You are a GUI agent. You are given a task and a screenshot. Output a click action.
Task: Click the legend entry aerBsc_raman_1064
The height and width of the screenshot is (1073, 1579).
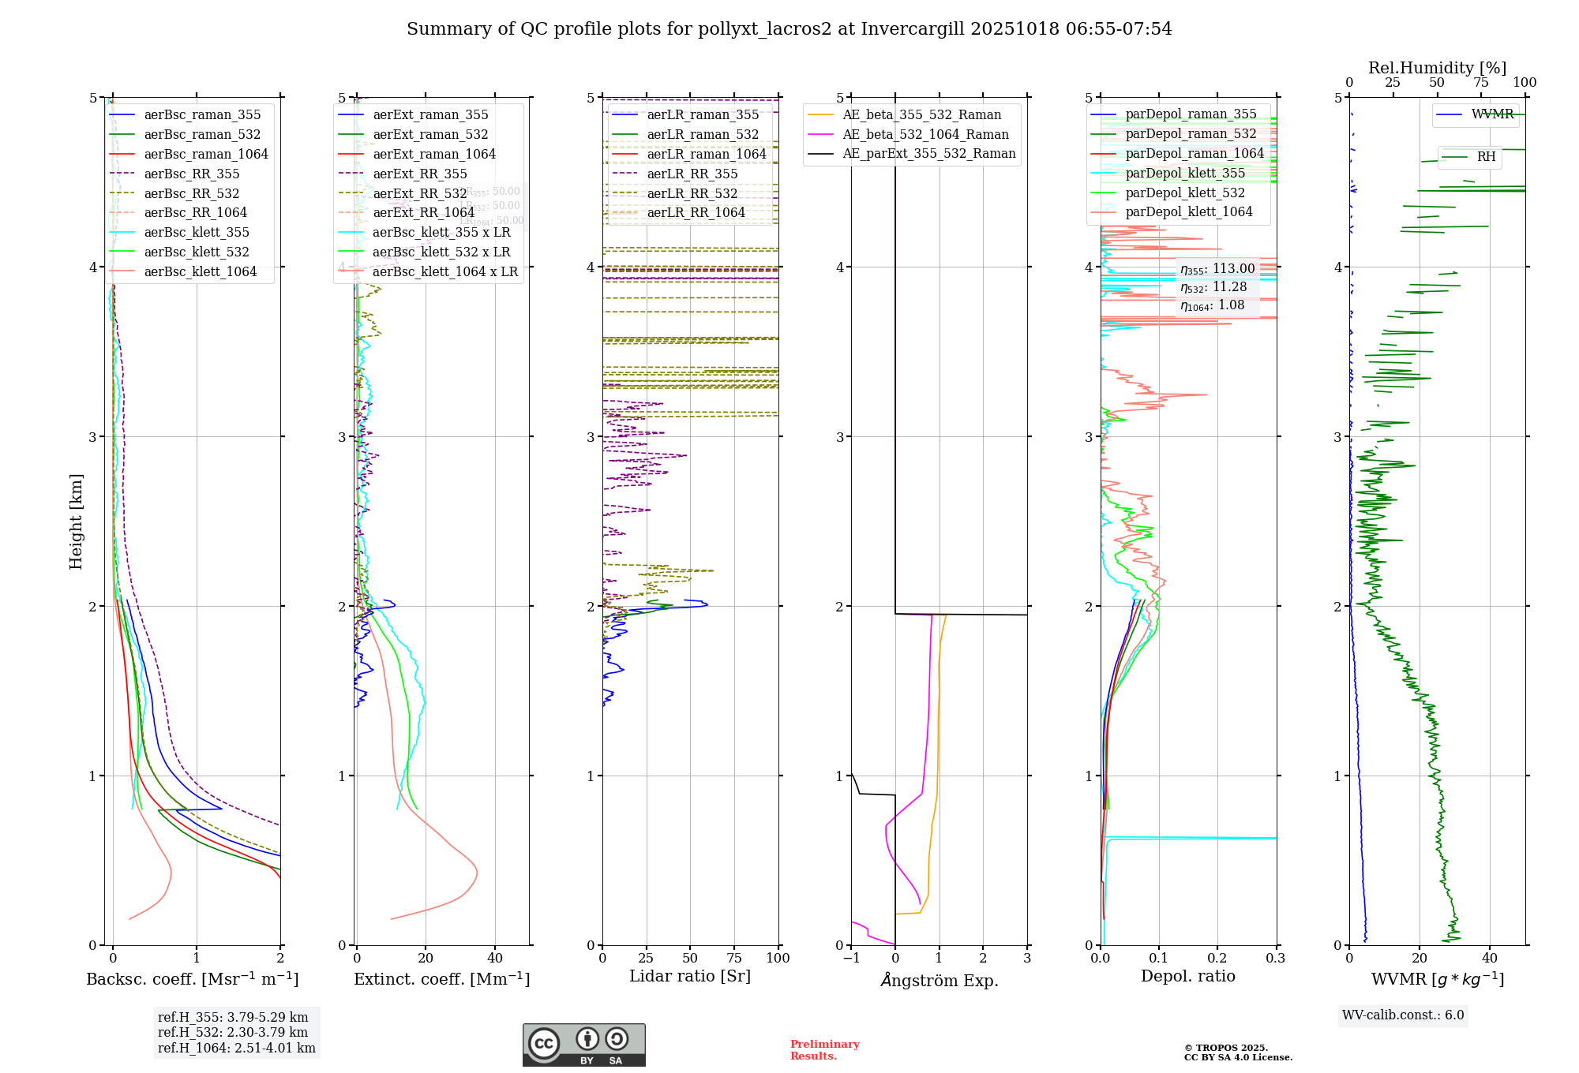click(205, 154)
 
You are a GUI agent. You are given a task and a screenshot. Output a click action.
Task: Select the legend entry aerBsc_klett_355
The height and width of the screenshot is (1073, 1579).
click(196, 232)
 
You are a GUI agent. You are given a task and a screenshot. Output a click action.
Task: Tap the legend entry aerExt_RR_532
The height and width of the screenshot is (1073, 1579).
click(419, 193)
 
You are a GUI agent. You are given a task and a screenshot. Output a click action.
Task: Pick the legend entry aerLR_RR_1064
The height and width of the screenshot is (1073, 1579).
click(696, 212)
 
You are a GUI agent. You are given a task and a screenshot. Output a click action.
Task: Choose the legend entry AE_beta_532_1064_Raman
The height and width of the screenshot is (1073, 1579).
click(925, 134)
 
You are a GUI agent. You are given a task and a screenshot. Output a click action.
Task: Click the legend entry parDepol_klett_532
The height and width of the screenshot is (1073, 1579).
click(1184, 193)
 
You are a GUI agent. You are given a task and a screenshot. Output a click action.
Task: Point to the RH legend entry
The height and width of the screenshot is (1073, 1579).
click(1485, 157)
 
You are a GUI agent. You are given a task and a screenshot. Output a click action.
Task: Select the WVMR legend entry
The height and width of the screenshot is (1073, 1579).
click(1492, 114)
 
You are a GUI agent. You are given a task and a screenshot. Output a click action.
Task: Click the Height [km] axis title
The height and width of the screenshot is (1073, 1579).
click(76, 522)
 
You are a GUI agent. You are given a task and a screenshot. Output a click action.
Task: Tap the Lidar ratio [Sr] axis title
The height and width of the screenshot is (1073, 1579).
click(690, 976)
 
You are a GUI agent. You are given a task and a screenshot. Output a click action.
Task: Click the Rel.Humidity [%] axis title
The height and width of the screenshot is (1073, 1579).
click(1437, 68)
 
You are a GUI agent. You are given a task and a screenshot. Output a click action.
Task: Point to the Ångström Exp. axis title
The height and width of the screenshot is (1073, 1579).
click(939, 980)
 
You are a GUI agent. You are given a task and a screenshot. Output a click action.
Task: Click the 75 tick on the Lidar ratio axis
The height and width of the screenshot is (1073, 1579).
click(734, 958)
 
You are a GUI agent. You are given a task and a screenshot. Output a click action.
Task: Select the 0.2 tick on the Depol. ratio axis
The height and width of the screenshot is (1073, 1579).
click(1217, 958)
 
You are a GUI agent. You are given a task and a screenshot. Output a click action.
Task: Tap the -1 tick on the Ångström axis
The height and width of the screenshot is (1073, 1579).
click(851, 958)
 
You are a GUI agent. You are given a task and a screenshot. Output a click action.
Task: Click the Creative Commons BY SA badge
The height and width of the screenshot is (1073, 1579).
click(583, 1045)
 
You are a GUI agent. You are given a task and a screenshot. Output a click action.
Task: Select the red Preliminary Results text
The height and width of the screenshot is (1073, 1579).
click(824, 1049)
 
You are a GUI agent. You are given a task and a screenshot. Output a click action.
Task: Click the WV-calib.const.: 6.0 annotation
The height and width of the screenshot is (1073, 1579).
click(1402, 1015)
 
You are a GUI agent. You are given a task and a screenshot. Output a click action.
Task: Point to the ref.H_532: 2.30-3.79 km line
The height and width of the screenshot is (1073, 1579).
click(233, 1032)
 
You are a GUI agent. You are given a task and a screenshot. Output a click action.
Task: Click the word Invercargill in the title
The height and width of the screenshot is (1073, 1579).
click(912, 28)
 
